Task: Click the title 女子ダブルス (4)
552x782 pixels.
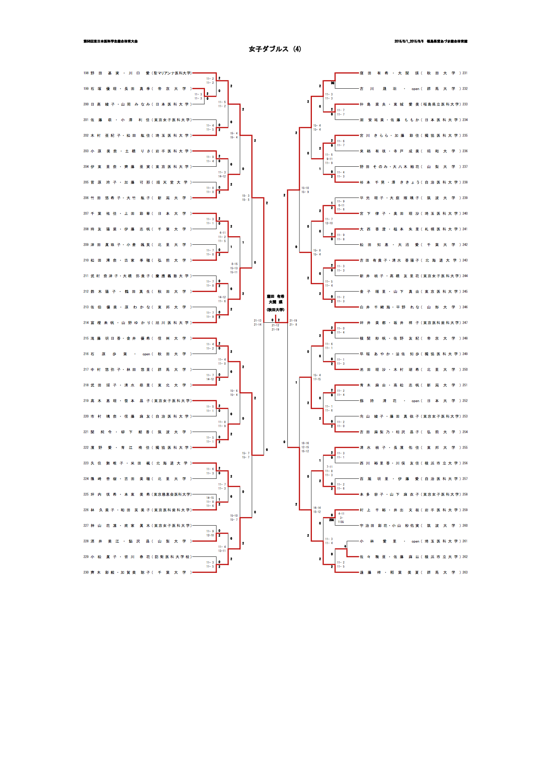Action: [x=275, y=49]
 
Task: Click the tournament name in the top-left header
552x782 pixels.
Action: [x=110, y=41]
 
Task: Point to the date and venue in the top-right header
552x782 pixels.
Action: [x=431, y=41]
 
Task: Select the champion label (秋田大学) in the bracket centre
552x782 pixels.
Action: [x=275, y=309]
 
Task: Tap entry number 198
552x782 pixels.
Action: [x=86, y=73]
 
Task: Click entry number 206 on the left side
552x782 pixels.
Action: [x=86, y=198]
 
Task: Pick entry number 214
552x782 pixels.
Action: [x=86, y=323]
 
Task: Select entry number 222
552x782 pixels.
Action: [x=86, y=448]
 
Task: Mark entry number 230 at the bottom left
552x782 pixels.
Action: [x=86, y=572]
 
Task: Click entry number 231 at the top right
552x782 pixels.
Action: [x=465, y=73]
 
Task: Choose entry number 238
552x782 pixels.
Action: [x=465, y=182]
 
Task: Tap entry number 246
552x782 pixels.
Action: [x=465, y=307]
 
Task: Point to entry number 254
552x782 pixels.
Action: [x=465, y=432]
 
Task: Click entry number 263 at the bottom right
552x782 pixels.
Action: [x=465, y=572]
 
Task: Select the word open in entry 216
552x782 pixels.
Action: [x=147, y=354]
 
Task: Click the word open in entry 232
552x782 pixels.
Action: [x=415, y=89]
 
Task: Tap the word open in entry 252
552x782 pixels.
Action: [x=415, y=401]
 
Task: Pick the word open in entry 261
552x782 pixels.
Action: [x=415, y=542]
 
